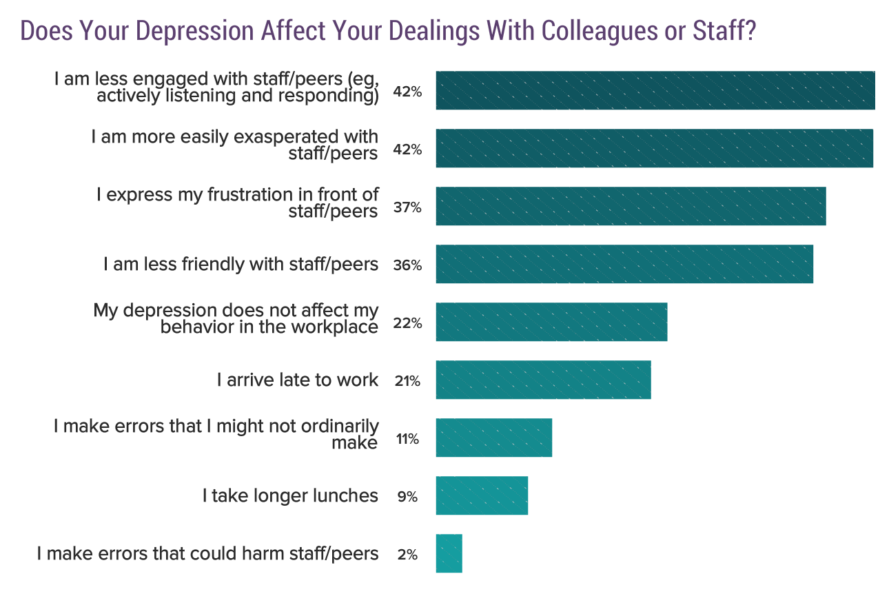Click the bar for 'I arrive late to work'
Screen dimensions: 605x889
coord(543,380)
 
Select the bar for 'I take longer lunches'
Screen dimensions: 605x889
coord(482,495)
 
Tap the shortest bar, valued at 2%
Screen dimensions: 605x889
coord(449,553)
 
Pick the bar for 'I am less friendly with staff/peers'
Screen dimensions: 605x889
coord(624,264)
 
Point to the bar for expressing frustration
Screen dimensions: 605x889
coord(631,206)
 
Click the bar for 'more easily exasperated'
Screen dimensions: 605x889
coord(654,148)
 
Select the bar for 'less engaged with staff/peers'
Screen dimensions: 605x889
coord(655,90)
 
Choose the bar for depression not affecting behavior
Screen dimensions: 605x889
coord(551,322)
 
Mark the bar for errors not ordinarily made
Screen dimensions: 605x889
coord(493,438)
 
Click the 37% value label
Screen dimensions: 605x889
coord(407,207)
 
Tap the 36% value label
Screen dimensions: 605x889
coord(407,265)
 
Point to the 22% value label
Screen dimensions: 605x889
coord(407,323)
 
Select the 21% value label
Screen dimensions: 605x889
coord(407,381)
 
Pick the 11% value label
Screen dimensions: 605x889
coord(407,439)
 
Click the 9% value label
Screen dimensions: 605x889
coord(407,497)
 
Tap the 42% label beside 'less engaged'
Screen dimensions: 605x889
coord(407,92)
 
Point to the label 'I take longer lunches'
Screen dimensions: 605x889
coord(290,495)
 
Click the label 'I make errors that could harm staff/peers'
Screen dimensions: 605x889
coord(207,553)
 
